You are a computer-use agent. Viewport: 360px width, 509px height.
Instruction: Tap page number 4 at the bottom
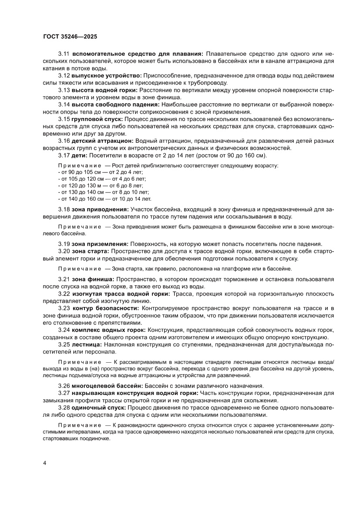pos(44,463)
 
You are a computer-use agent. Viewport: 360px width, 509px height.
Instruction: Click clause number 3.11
pos(64,54)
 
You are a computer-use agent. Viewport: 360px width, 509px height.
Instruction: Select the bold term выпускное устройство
pos(107,76)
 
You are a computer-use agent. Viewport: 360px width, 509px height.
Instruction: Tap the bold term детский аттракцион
pos(103,141)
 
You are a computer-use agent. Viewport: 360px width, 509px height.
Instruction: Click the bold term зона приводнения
pos(100,209)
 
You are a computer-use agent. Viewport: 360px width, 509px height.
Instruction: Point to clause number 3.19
pos(64,244)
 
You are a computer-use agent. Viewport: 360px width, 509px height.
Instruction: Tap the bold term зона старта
pos(91,251)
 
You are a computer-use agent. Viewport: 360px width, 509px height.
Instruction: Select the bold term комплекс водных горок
pos(109,330)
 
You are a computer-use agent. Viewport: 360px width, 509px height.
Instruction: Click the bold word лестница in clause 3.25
pos(87,344)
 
